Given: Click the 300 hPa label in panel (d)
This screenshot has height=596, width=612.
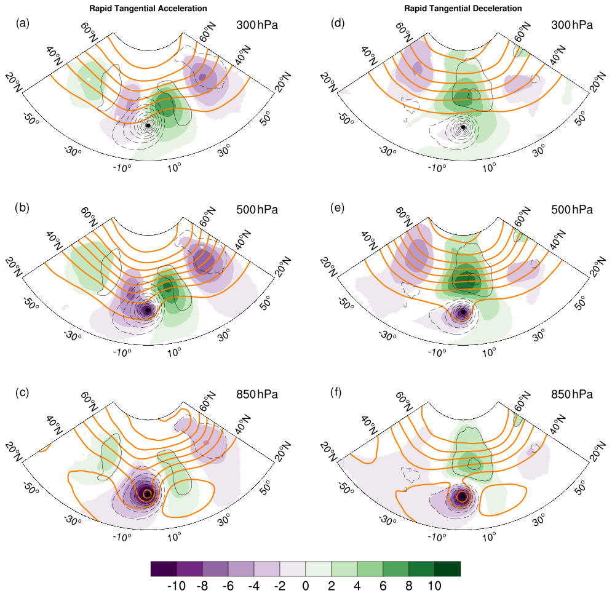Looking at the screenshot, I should pyautogui.click(x=572, y=25).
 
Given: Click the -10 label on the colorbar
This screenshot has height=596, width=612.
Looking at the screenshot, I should pyautogui.click(x=177, y=586).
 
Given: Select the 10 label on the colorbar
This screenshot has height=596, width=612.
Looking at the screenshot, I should pyautogui.click(x=434, y=586).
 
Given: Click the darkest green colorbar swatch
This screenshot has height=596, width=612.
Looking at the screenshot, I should pyautogui.click(x=447, y=568).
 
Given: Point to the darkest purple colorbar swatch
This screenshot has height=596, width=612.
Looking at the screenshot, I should pyautogui.click(x=164, y=568).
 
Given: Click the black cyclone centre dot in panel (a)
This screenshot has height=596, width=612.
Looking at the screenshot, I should pyautogui.click(x=148, y=125).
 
